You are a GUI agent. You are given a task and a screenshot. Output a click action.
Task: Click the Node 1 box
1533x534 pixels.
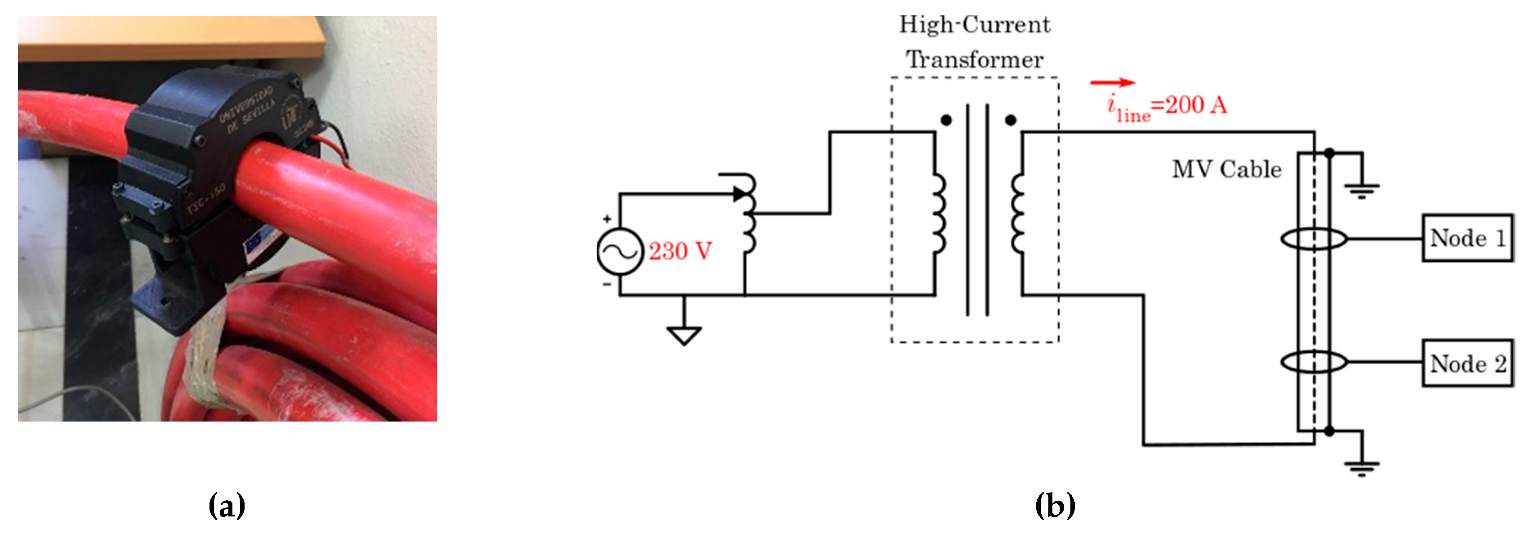[1467, 238]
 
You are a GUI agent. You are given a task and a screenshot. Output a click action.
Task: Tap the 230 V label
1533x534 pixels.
[680, 251]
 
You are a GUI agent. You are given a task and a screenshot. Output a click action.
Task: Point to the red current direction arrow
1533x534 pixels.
[1112, 83]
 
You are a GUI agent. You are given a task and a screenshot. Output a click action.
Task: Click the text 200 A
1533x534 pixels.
[1196, 105]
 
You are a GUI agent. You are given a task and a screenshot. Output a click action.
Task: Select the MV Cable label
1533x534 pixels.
[1226, 170]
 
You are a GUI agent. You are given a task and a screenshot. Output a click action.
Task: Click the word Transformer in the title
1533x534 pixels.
[975, 59]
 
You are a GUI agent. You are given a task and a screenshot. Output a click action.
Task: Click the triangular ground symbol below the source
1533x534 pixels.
[684, 336]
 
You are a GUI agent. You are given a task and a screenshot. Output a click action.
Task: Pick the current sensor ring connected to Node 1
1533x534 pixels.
[1314, 239]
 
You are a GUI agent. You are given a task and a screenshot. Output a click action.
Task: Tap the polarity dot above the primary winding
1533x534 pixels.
[946, 120]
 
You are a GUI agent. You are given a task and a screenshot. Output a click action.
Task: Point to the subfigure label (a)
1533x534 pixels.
[227, 506]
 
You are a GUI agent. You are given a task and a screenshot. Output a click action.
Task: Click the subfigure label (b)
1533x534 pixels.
[1055, 506]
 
